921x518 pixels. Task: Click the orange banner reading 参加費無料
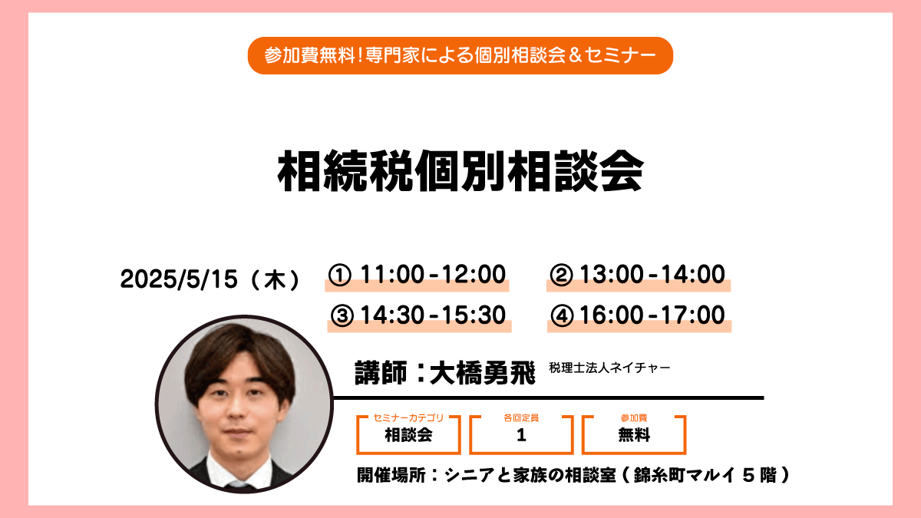point(460,55)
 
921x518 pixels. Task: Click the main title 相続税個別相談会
point(460,170)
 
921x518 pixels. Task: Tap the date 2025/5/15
point(179,279)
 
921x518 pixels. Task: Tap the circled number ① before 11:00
point(339,275)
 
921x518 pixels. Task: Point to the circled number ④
point(562,316)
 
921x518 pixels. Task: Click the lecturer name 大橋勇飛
point(482,373)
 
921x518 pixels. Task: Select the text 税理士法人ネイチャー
point(609,368)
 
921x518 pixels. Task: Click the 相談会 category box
point(408,435)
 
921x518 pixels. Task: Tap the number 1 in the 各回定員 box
point(521,435)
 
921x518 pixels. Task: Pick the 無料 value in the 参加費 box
point(634,435)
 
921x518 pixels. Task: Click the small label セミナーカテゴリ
point(408,417)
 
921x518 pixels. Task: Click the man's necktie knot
point(239,486)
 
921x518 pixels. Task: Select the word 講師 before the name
point(381,373)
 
